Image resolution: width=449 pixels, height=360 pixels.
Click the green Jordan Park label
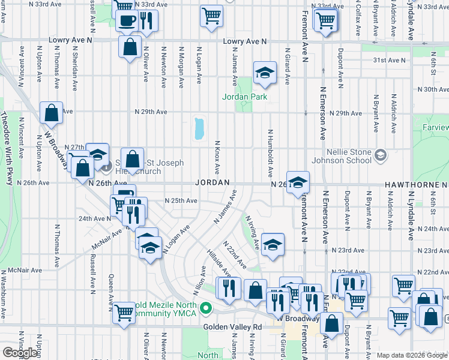pyautogui.click(x=244, y=97)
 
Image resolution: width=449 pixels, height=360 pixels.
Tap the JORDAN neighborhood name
pyautogui.click(x=212, y=182)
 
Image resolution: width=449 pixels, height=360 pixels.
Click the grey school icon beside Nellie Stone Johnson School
pyautogui.click(x=380, y=156)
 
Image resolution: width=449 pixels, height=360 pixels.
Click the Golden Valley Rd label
pyautogui.click(x=233, y=327)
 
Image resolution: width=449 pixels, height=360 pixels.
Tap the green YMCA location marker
pyautogui.click(x=206, y=310)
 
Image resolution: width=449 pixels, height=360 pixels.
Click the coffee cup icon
pyautogui.click(x=126, y=21)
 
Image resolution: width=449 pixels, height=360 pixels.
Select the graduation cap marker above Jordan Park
pyautogui.click(x=264, y=73)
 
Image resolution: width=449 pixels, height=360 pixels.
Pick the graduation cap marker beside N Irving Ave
pyautogui.click(x=272, y=245)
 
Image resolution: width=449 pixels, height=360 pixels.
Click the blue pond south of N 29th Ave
pyautogui.click(x=199, y=128)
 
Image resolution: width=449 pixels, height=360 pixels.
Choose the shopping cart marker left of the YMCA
pyautogui.click(x=124, y=311)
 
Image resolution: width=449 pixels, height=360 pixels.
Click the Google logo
pyautogui.click(x=20, y=353)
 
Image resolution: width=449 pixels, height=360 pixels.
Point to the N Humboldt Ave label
pyautogui.click(x=271, y=152)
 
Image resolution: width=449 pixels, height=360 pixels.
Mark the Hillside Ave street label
pyautogui.click(x=218, y=263)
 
